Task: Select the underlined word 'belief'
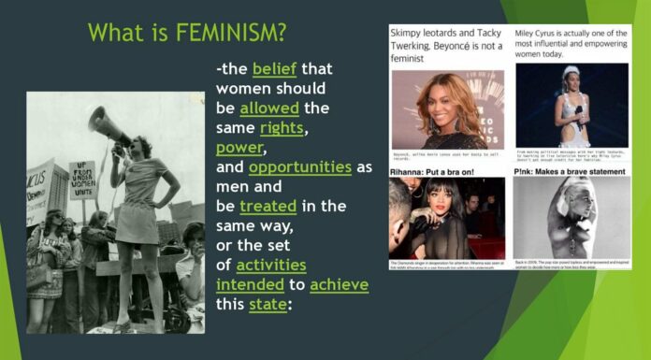click(x=272, y=69)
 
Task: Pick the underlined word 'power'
click(x=239, y=148)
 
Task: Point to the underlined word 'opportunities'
click(x=299, y=167)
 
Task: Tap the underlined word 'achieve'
click(x=340, y=284)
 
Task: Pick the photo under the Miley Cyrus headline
click(x=571, y=105)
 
